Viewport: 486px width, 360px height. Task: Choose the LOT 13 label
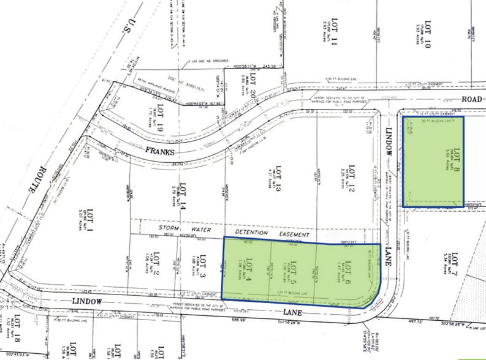tap(278, 181)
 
